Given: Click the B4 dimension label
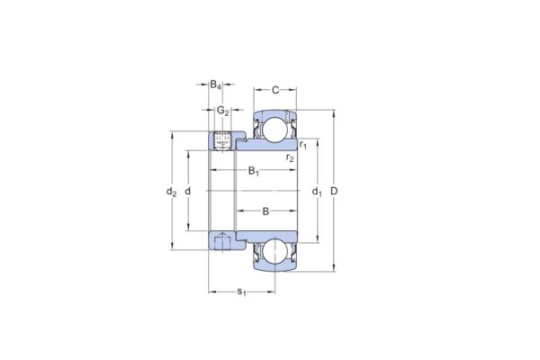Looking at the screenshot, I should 216,85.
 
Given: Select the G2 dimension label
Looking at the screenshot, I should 222,112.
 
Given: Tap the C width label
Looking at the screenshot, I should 276,90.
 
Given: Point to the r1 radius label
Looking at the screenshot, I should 303,145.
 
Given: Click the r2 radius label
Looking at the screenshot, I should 289,158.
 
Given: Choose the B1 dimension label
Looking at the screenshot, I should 254,172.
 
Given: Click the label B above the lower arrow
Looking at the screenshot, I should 265,211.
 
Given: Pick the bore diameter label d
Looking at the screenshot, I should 187,192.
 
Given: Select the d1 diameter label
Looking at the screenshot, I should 316,192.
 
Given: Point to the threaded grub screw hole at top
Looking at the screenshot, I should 222,141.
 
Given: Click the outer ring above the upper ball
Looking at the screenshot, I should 275,113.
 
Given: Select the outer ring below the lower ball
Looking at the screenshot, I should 275,269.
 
